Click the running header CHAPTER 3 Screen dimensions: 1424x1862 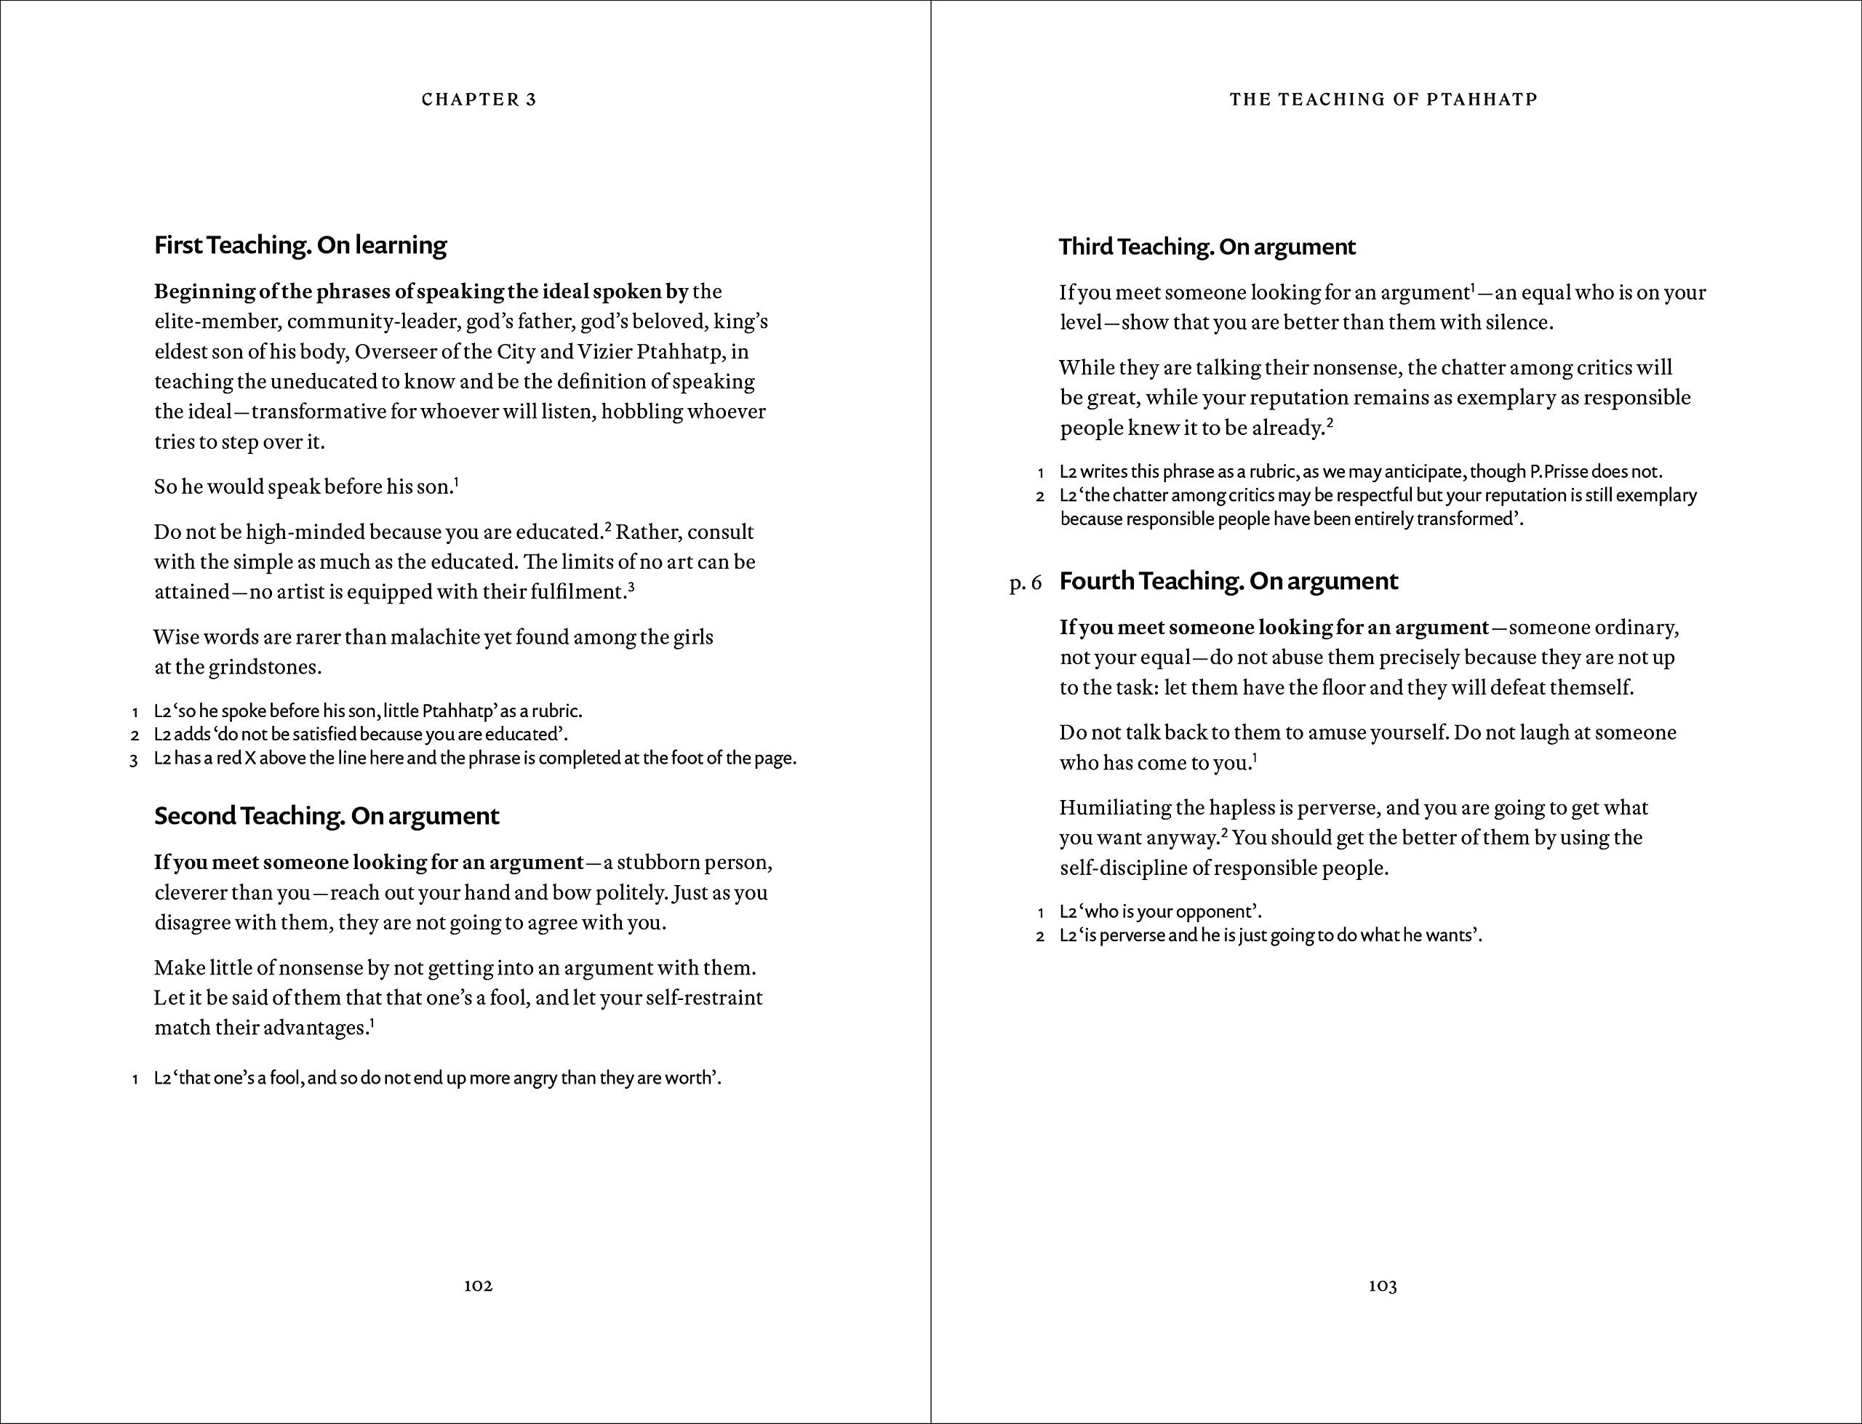479,99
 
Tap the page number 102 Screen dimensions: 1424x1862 478,1285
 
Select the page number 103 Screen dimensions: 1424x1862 1382,1285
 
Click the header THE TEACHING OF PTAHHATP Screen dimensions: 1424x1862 1383,99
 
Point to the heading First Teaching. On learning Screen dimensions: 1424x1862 300,245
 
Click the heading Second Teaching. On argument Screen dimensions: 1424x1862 327,815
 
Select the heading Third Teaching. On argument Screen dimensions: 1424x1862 1207,247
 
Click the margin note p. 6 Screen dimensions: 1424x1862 1025,583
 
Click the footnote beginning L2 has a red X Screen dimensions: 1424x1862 475,758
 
